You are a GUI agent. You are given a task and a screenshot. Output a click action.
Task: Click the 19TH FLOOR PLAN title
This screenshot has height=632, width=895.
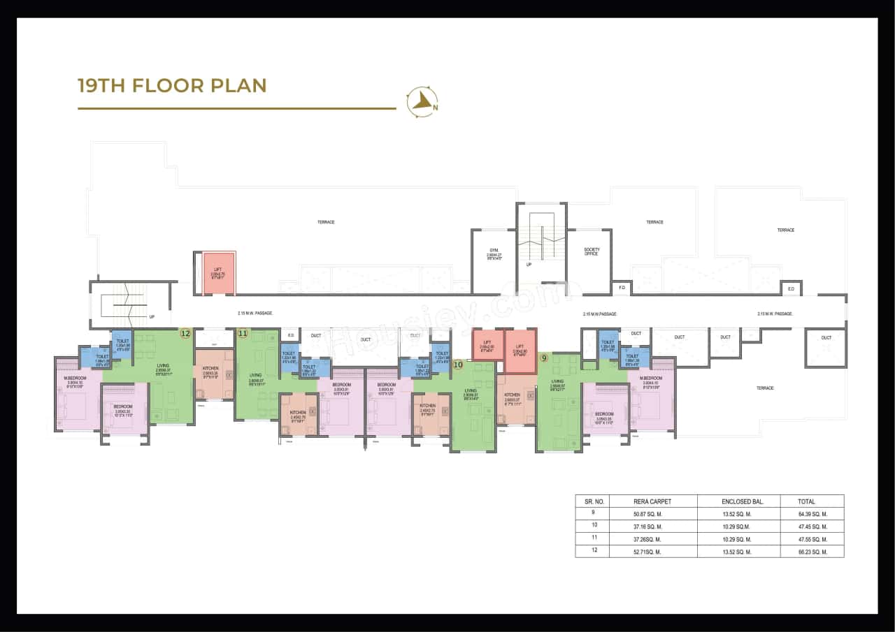click(x=172, y=86)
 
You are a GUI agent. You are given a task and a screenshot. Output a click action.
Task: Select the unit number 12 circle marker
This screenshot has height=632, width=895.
click(x=185, y=333)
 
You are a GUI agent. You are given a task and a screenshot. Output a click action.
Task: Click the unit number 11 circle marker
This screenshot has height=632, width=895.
click(x=243, y=333)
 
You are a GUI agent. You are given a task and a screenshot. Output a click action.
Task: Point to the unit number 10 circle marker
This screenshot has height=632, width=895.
click(x=458, y=364)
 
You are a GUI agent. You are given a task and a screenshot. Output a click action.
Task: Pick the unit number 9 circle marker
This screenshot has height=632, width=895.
click(x=543, y=358)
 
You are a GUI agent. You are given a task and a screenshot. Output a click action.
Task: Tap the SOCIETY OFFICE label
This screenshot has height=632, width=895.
click(x=592, y=251)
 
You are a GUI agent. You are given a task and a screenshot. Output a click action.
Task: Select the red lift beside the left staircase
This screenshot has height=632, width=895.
click(x=218, y=272)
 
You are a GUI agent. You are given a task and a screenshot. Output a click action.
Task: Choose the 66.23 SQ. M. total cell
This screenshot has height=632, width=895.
click(x=812, y=552)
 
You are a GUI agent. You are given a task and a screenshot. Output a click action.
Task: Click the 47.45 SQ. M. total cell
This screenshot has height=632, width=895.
click(x=812, y=527)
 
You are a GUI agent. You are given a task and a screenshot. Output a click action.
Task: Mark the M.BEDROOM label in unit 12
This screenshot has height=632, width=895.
click(x=74, y=380)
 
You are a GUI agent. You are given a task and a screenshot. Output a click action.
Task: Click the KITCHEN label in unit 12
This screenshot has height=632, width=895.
click(x=210, y=370)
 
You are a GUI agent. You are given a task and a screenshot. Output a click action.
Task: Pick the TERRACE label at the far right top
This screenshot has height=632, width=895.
click(x=785, y=230)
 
